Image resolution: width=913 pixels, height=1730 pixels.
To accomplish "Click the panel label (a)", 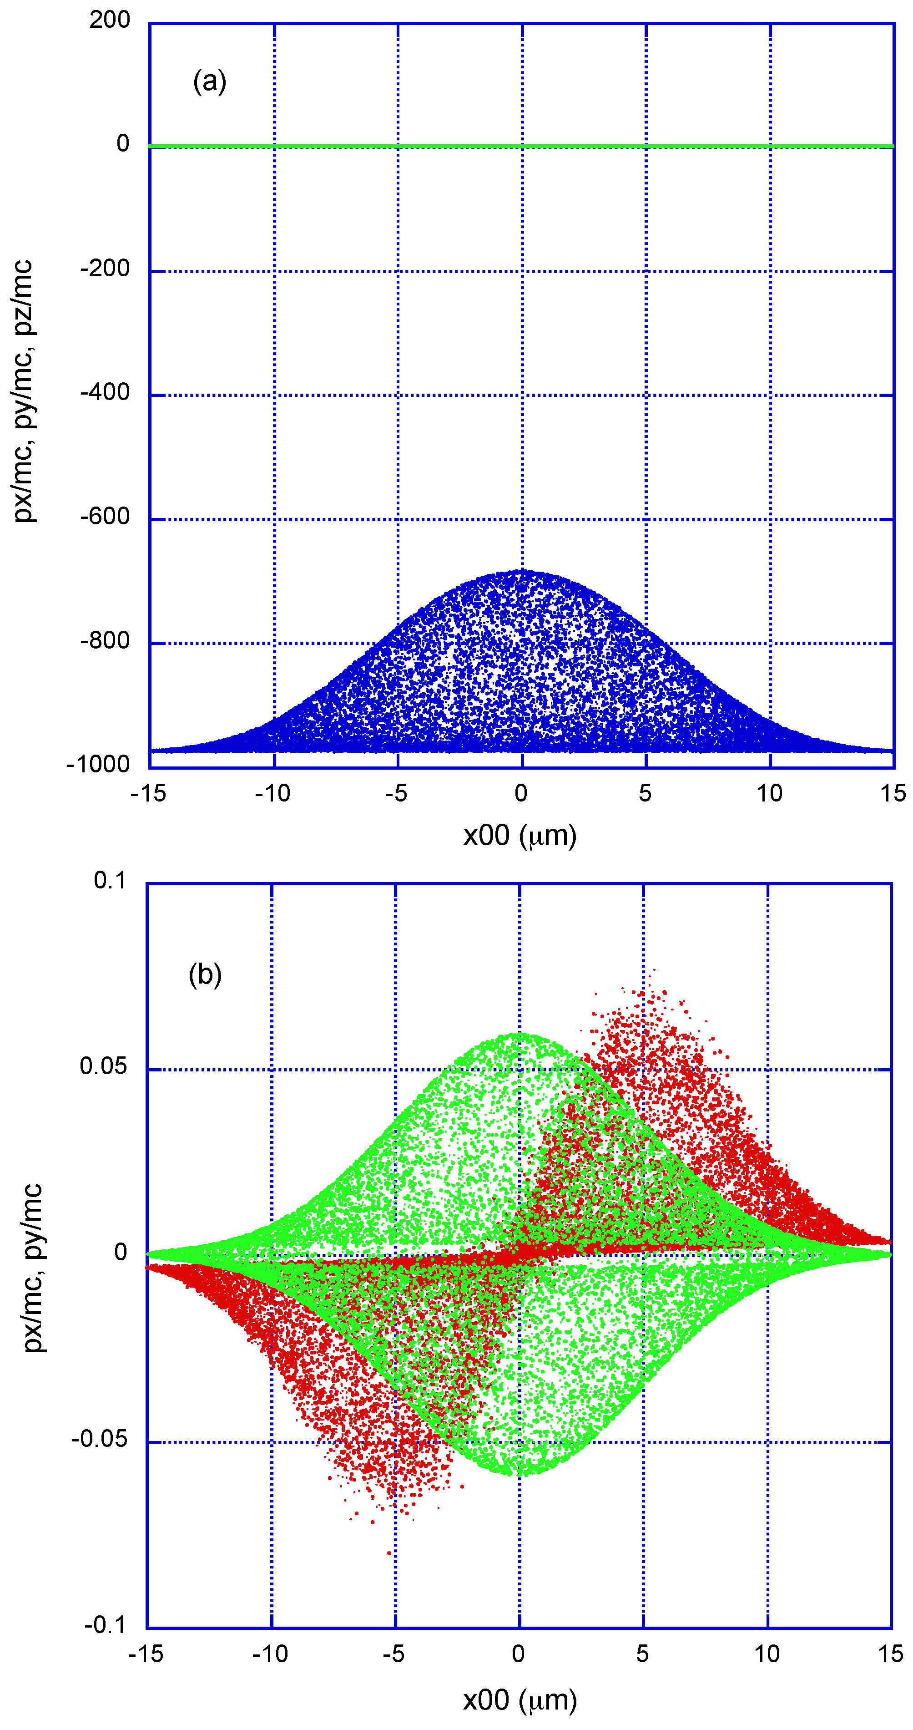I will click(209, 81).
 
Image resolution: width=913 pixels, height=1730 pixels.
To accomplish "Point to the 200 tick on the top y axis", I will click(110, 20).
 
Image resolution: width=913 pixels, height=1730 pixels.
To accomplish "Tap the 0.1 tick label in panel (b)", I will click(110, 880).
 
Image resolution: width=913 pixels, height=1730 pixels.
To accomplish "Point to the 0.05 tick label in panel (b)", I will click(103, 1066).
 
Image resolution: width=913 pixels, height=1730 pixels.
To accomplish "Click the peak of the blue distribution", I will click(522, 572).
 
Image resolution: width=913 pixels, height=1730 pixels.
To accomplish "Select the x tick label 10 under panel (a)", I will click(769, 793).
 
